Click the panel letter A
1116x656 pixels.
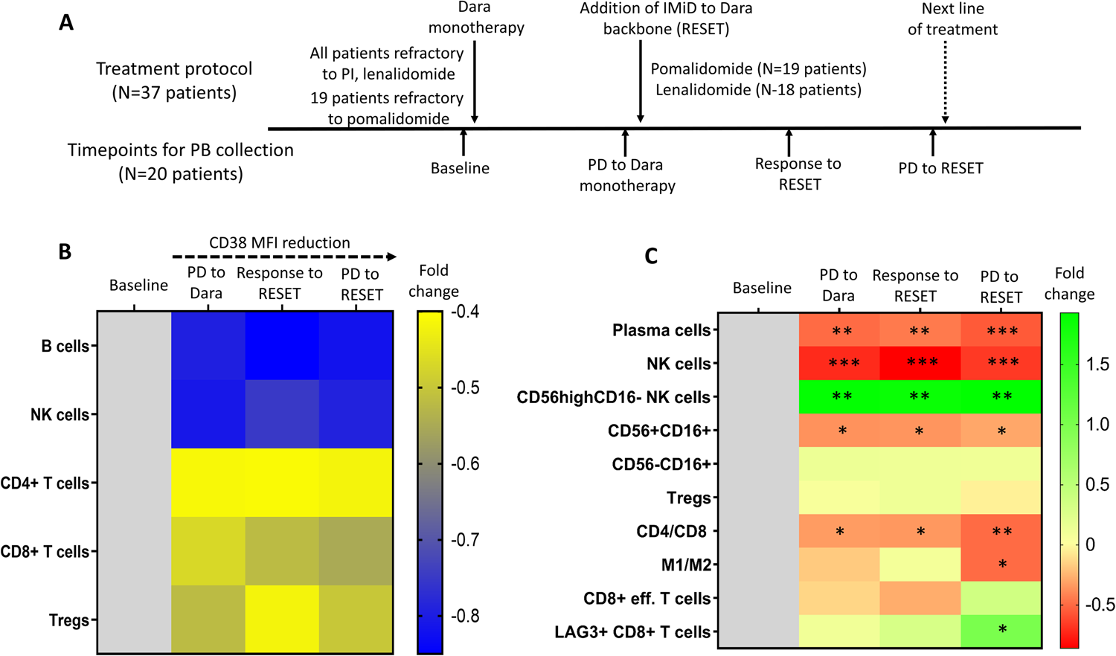(x=66, y=23)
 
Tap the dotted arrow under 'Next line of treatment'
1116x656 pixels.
(x=945, y=82)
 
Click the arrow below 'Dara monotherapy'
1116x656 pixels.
(x=475, y=82)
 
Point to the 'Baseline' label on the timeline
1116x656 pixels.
(x=460, y=169)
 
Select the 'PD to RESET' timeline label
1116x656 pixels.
(x=940, y=169)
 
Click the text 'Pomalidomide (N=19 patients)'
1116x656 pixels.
(x=758, y=69)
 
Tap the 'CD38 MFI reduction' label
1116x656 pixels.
(x=279, y=243)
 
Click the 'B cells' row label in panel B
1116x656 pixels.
(x=65, y=347)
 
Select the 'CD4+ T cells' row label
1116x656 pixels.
(x=45, y=483)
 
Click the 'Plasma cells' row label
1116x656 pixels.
(x=661, y=330)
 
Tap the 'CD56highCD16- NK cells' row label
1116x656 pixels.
(x=613, y=398)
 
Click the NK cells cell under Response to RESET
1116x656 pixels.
(x=920, y=363)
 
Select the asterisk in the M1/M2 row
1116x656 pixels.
(x=1002, y=565)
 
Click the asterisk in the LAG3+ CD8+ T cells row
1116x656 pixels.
(x=1002, y=630)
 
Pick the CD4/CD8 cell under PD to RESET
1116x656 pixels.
(x=1001, y=531)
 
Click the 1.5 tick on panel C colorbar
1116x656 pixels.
(x=1098, y=364)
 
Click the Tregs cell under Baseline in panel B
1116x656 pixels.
(x=134, y=620)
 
